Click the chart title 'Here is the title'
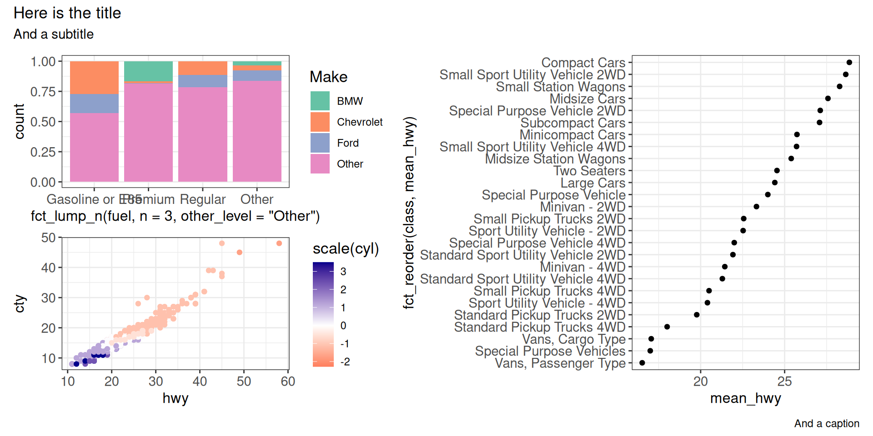coord(67,13)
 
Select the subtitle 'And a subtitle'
coord(54,34)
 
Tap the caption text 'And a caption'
coord(826,423)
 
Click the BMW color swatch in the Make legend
coord(320,101)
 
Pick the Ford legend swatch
coord(320,143)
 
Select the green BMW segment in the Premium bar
coord(148,71)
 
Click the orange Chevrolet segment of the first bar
coord(94,78)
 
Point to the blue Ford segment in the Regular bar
coord(202,81)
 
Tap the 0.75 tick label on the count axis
coord(43,92)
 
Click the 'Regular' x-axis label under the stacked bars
coord(203,199)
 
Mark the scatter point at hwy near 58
coord(279,243)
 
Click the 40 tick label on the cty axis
coord(48,268)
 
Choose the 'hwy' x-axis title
coord(176,398)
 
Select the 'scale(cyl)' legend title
coord(346,248)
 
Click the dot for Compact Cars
coord(849,62)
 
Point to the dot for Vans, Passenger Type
coord(642,363)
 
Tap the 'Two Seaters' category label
coord(589,171)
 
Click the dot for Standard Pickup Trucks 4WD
coord(667,327)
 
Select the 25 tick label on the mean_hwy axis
coord(784,381)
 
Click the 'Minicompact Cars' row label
coord(572,135)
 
